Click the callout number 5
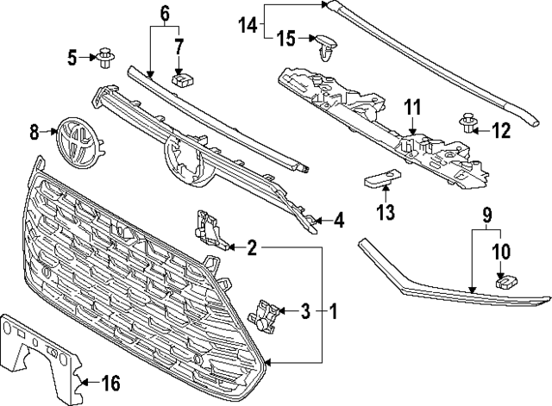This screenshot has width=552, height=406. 73,58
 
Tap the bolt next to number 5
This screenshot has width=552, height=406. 107,58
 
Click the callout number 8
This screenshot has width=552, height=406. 34,132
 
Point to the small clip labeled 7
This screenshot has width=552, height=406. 180,79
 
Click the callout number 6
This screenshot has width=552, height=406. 165,12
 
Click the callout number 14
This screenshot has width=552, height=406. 248,26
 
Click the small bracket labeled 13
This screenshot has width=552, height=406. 379,181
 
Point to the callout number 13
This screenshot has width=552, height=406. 385,212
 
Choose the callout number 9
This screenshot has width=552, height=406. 488,211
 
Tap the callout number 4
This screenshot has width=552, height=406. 339,221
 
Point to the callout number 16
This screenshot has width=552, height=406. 111,382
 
